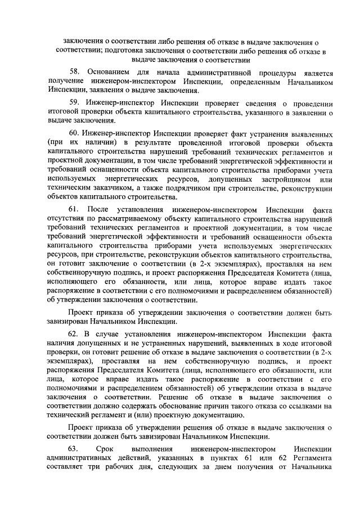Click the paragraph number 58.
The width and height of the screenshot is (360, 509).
click(74, 73)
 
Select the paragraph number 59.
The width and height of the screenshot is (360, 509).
click(74, 103)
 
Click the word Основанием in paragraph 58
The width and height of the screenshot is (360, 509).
click(107, 73)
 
